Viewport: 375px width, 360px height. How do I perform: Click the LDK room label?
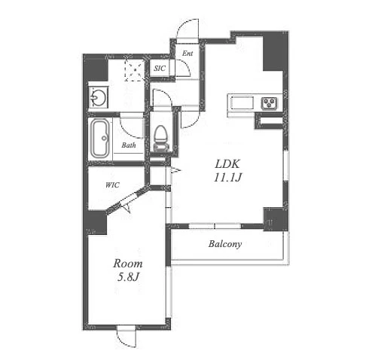coord(227,164)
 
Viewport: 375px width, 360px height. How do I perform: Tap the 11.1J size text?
coord(227,178)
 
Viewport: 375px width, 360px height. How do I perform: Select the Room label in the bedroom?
coord(128,264)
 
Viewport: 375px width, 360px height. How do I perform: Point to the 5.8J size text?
coord(128,277)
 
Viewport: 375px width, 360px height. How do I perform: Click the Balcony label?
coord(225,244)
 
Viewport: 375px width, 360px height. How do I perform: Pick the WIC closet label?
coord(112,185)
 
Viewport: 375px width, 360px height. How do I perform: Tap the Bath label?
coord(129,145)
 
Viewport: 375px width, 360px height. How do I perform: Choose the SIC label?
coord(160,68)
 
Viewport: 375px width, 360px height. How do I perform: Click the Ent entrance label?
coord(187,53)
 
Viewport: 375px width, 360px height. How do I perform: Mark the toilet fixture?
coord(160,139)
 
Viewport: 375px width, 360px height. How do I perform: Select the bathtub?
coord(100,139)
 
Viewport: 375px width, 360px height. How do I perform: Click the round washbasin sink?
coord(98,97)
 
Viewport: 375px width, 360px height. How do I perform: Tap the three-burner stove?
coord(269,103)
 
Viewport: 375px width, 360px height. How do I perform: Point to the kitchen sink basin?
coord(242,103)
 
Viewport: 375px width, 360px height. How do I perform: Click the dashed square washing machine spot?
coord(134,70)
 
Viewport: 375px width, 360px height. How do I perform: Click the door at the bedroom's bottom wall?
coord(127,337)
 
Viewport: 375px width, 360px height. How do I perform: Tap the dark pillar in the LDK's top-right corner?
coord(276,51)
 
